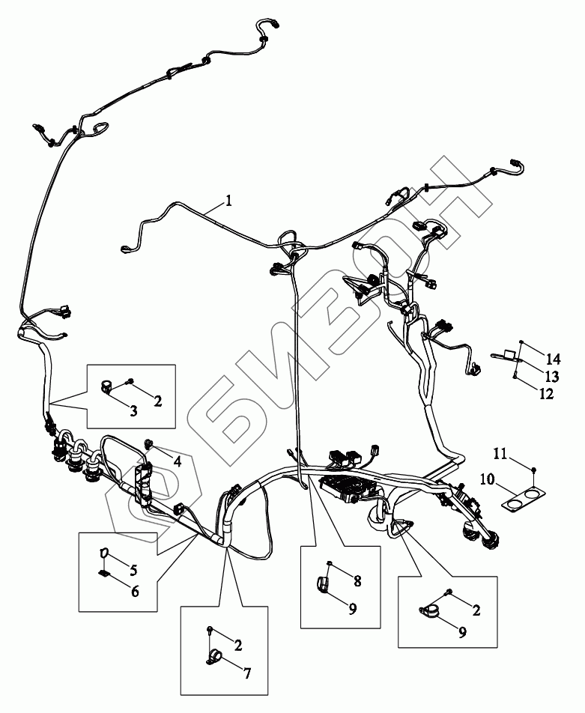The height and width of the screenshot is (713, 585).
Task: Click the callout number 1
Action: click(228, 201)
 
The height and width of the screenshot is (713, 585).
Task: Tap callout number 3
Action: click(133, 410)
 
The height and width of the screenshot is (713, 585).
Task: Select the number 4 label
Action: click(177, 462)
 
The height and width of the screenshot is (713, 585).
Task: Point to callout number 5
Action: click(133, 570)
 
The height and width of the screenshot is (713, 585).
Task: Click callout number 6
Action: click(135, 591)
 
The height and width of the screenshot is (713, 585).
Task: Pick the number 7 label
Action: click(247, 672)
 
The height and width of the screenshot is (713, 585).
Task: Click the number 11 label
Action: click(500, 453)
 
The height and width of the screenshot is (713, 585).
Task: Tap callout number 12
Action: click(546, 393)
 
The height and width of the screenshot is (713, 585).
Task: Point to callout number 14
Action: click(554, 357)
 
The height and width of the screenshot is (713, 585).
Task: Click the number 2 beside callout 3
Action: click(158, 401)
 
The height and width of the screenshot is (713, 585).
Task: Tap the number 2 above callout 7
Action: click(238, 643)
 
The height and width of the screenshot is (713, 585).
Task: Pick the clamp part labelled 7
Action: click(214, 657)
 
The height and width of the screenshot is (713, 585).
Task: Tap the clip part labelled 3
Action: click(107, 387)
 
